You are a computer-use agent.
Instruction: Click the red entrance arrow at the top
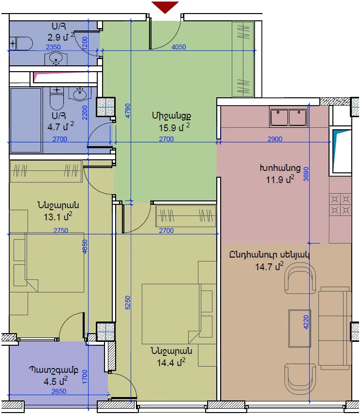tap(165, 6)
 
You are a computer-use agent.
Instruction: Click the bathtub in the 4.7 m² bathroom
tap(26, 120)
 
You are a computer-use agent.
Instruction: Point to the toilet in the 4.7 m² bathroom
tap(57, 98)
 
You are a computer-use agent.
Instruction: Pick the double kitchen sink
tap(288, 117)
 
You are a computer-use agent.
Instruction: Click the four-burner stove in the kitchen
tap(340, 204)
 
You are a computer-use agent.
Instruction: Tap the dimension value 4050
tap(179, 47)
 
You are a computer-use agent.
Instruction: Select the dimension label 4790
tap(127, 110)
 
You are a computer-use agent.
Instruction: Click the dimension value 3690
tap(306, 174)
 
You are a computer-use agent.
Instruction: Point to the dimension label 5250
tap(127, 303)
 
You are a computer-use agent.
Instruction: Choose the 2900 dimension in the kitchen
tap(275, 139)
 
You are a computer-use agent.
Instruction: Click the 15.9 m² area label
tap(174, 127)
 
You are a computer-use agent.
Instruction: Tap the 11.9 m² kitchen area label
tap(280, 179)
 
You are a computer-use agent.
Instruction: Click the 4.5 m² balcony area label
tap(56, 381)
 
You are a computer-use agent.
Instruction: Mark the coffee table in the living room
tap(300, 328)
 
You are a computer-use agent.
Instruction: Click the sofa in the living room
tap(335, 328)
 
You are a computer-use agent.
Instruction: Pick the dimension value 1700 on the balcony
tap(85, 377)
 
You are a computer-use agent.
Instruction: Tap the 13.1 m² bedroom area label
tap(58, 217)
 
